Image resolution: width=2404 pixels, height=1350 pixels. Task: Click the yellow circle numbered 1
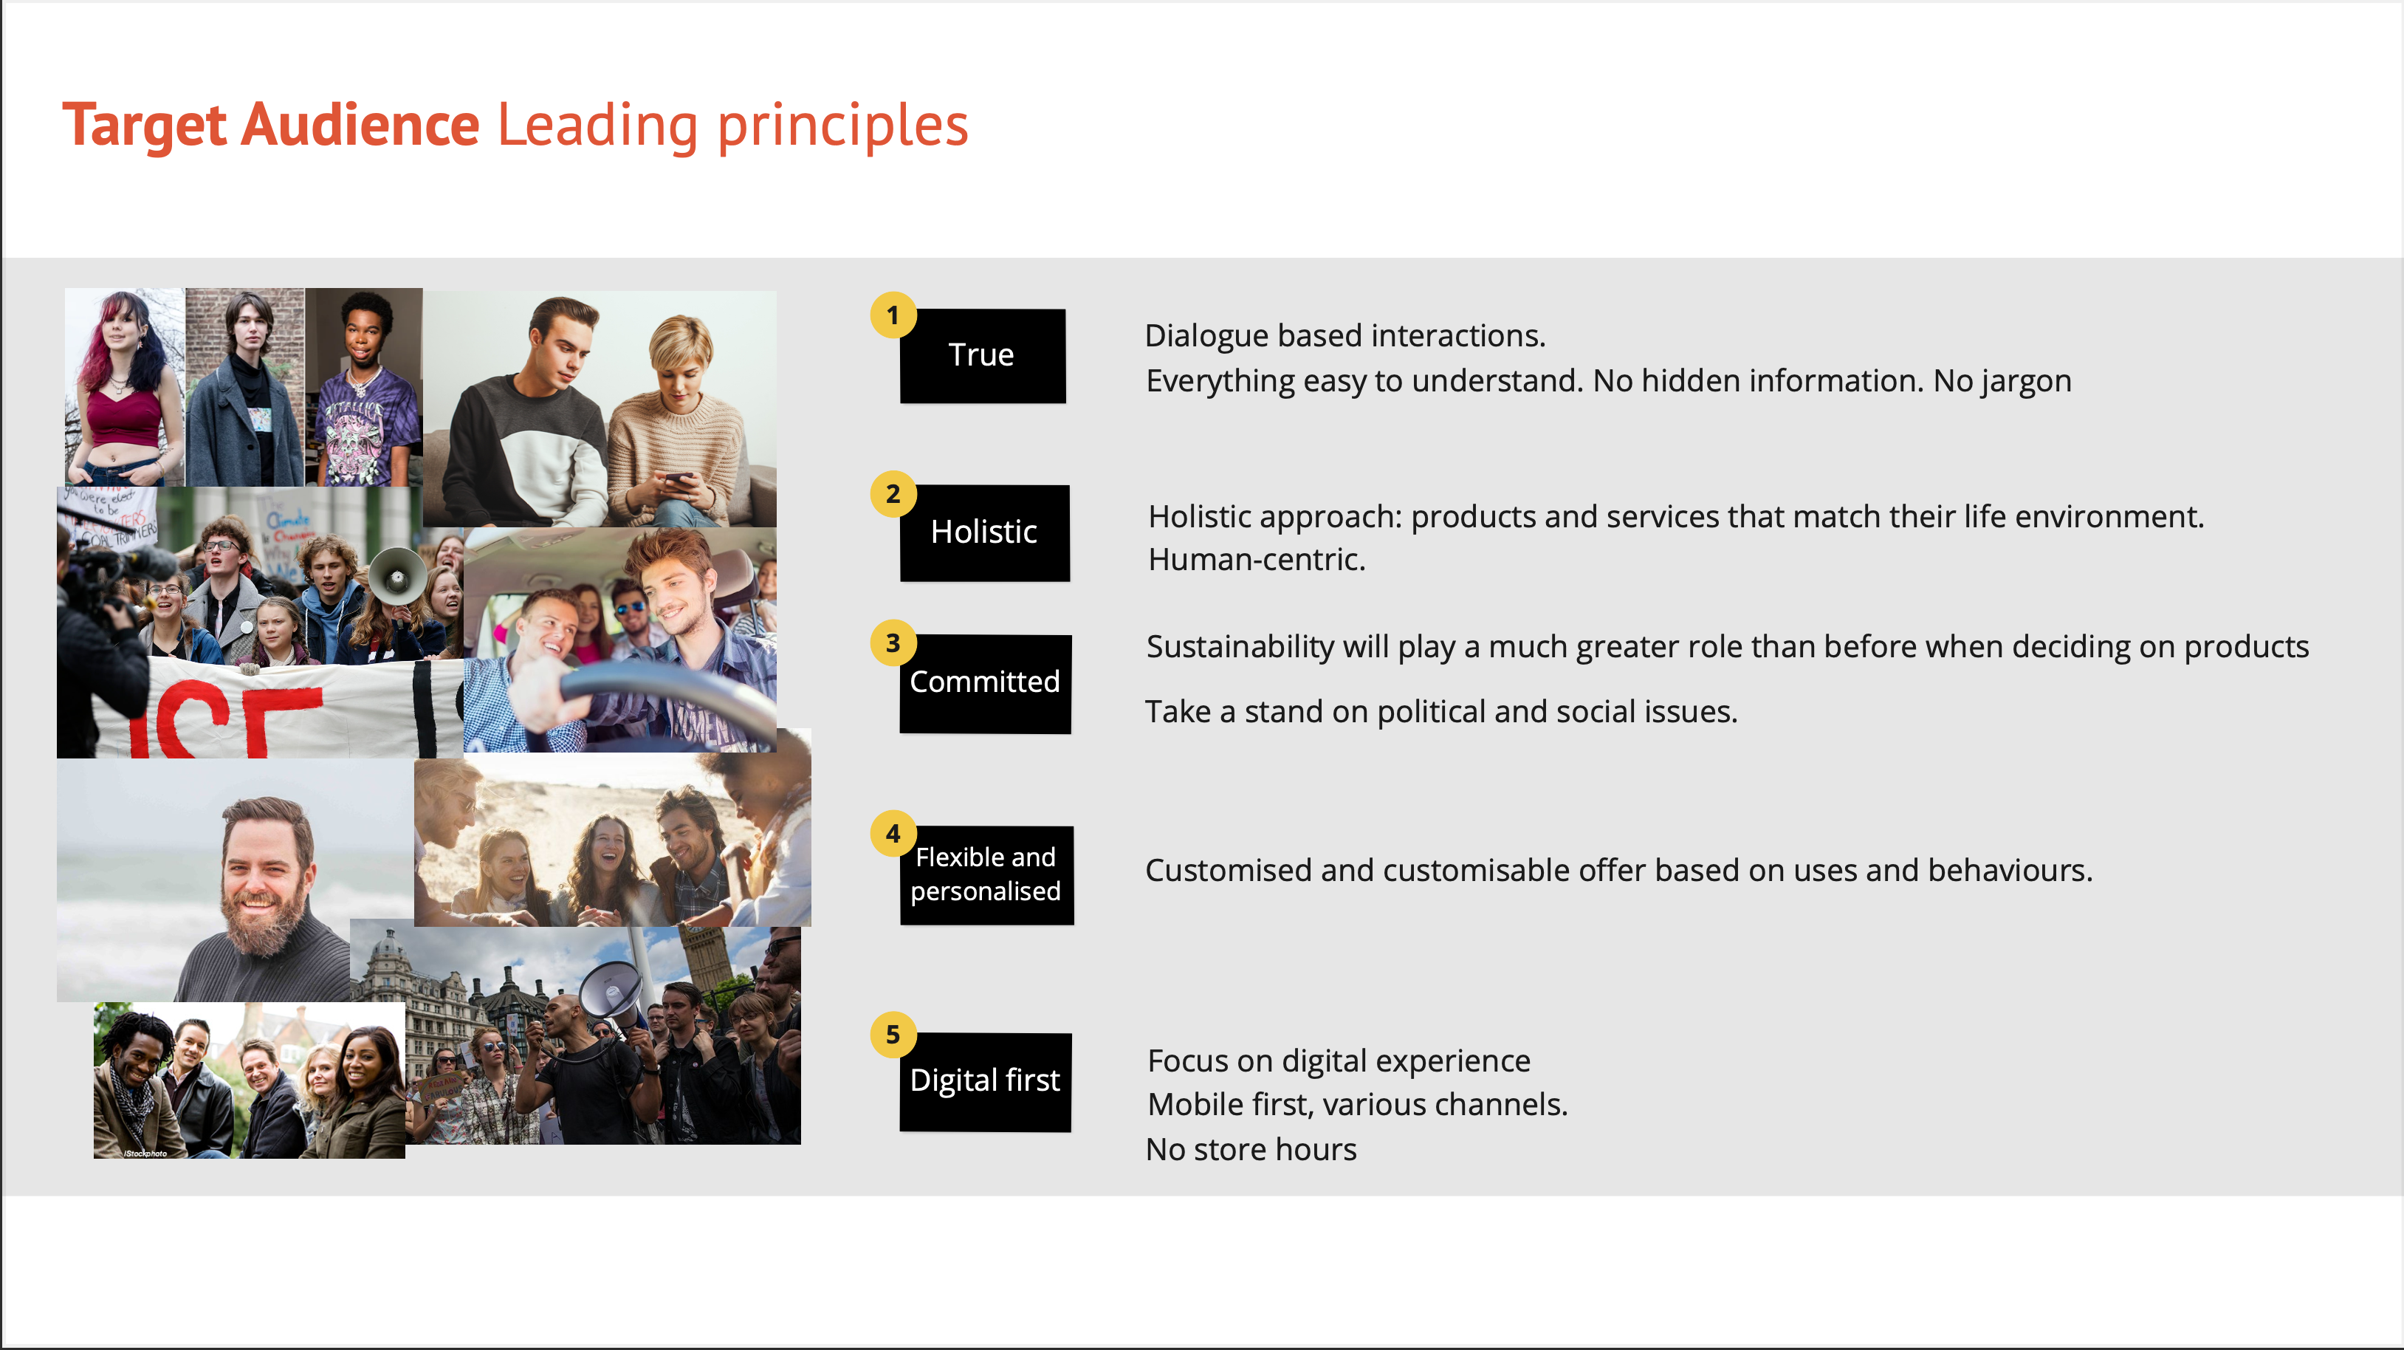coord(893,315)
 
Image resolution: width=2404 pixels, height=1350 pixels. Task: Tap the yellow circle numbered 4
coord(893,834)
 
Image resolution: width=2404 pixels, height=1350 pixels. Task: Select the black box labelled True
coord(983,356)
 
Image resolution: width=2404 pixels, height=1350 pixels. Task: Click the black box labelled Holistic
coord(984,533)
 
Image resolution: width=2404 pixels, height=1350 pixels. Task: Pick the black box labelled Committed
coord(984,683)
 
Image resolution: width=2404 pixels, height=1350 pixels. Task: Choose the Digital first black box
coord(984,1082)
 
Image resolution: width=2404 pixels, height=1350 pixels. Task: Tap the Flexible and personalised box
coord(986,876)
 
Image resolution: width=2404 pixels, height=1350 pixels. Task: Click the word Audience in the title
coord(360,125)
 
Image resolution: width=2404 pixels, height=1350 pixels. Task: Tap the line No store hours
coord(1251,1150)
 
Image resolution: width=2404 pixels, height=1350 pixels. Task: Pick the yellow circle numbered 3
coord(893,643)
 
